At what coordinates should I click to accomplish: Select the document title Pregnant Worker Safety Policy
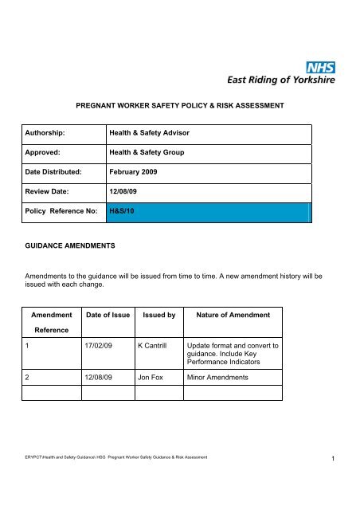[x=180, y=104]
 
